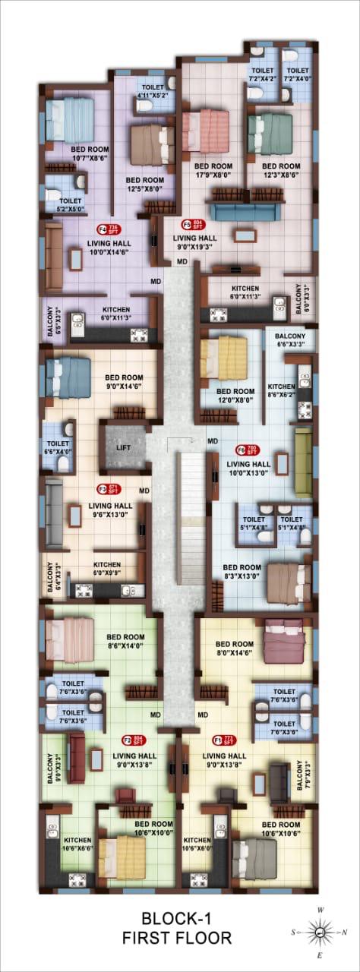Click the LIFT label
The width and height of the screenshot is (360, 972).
pyautogui.click(x=123, y=448)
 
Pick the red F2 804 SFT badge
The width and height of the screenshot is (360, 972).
pyautogui.click(x=133, y=739)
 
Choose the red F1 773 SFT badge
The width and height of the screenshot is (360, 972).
pyautogui.click(x=224, y=739)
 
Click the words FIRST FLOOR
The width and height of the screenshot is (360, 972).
pyautogui.click(x=176, y=939)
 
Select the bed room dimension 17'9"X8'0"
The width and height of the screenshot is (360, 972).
pyautogui.click(x=213, y=174)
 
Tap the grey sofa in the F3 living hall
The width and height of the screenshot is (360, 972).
pyautogui.click(x=53, y=513)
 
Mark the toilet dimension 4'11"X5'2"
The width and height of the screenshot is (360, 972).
pyautogui.click(x=156, y=96)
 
